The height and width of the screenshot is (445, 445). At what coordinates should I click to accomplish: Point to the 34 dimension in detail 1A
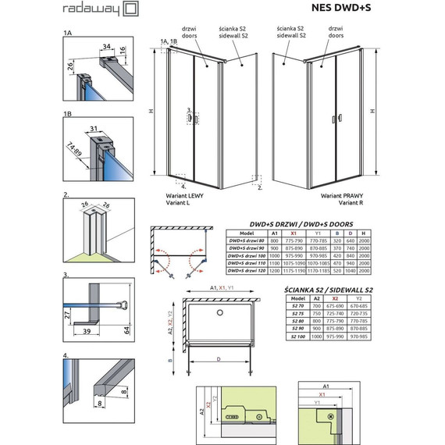tap(105, 47)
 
